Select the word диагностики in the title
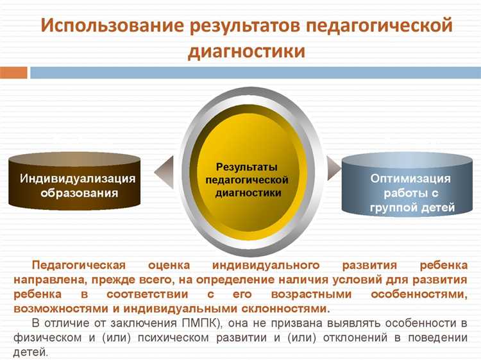point(246,51)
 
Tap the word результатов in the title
point(243,28)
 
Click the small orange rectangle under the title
point(13,73)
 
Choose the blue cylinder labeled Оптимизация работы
point(410,185)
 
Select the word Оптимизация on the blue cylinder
point(410,178)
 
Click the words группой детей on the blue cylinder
point(412,207)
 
